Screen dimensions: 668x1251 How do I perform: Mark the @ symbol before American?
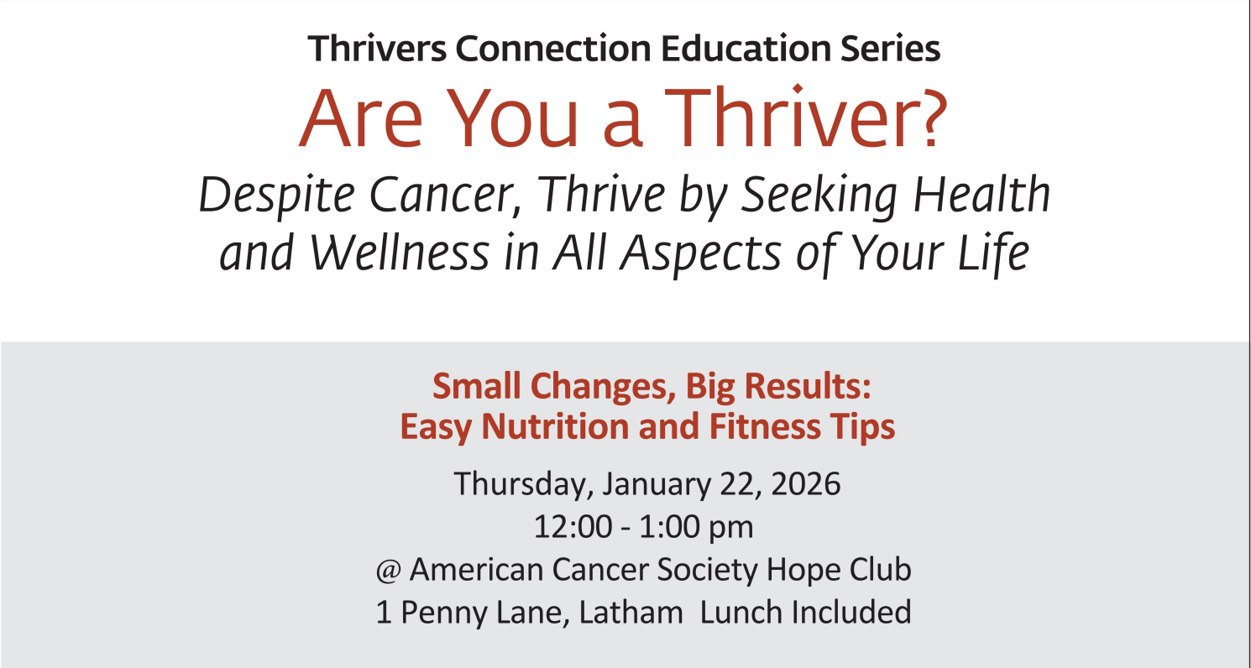pos(388,571)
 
